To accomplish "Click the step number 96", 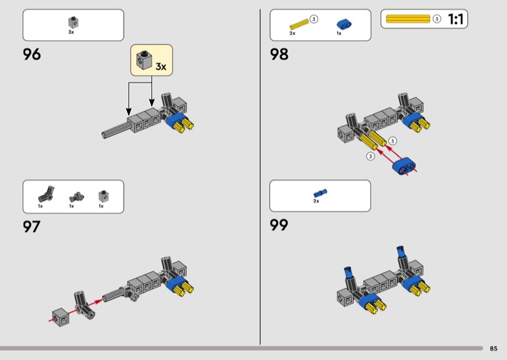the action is coord(32,54).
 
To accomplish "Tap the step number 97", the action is coord(31,226).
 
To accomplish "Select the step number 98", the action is coord(279,54).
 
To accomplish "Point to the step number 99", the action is coord(279,225).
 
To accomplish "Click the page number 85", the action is coord(494,349).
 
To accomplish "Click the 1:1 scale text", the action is coord(456,19).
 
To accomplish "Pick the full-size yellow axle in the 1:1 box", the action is coord(408,19).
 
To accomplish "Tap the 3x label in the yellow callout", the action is coord(161,67).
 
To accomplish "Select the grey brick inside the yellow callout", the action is coord(144,60).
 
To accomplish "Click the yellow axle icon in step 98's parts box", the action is coord(299,24).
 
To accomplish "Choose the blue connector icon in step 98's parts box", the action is coord(344,24).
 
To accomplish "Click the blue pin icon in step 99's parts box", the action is coord(320,193).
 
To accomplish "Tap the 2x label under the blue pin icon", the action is coord(316,201).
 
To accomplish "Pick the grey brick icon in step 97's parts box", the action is coord(103,195).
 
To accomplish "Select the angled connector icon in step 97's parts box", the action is coord(46,194).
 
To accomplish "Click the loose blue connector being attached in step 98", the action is coord(404,165).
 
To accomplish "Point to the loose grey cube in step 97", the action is coord(60,318).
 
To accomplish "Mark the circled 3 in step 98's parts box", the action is coord(314,19).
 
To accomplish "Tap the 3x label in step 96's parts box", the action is coord(71,32).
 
